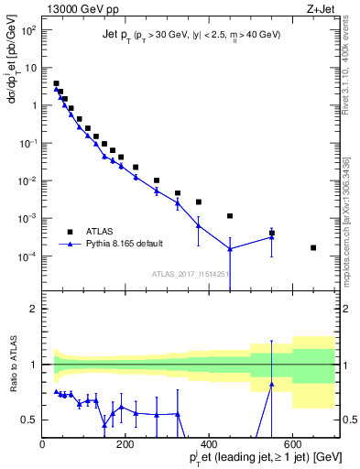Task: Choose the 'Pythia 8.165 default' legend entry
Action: pyautogui.click(x=119, y=245)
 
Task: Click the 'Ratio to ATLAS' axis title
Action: pyautogui.click(x=12, y=364)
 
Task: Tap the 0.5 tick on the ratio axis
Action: pyautogui.click(x=34, y=420)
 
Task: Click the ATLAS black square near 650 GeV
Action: pyautogui.click(x=313, y=247)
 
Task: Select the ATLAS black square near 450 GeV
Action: pyautogui.click(x=230, y=216)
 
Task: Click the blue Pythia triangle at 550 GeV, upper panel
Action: pyautogui.click(x=271, y=236)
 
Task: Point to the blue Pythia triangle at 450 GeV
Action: pyautogui.click(x=230, y=249)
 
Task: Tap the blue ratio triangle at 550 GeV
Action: pyautogui.click(x=271, y=384)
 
